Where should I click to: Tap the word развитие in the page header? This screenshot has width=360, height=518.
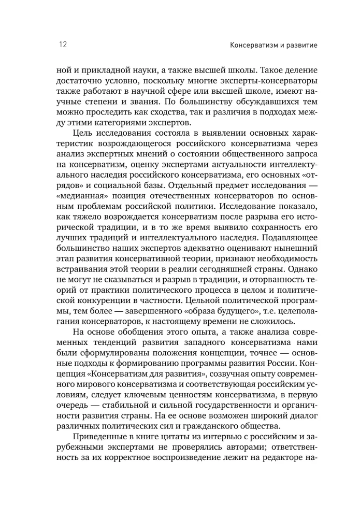pyautogui.click(x=299, y=46)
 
